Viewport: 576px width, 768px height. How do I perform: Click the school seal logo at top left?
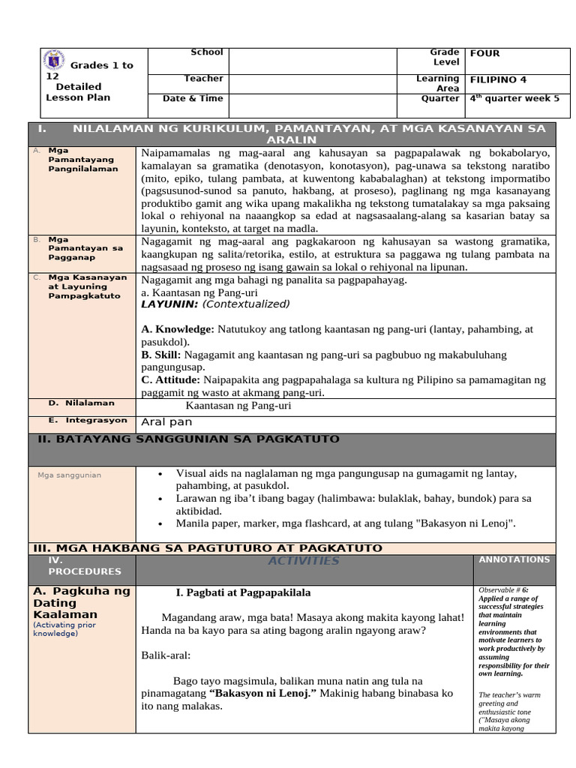(x=55, y=59)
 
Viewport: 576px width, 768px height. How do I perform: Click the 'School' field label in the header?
(x=206, y=52)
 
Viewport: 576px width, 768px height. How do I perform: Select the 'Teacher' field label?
(x=203, y=79)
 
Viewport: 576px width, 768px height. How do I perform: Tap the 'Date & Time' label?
(x=193, y=98)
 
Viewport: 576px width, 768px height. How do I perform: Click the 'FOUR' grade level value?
(x=484, y=53)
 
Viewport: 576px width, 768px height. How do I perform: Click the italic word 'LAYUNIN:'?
(x=169, y=304)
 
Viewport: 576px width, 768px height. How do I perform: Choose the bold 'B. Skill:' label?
(x=161, y=355)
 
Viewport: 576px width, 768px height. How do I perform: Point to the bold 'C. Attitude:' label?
(x=172, y=380)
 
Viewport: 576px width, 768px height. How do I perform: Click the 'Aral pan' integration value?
(x=166, y=422)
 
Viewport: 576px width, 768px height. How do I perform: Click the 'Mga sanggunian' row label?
(x=69, y=475)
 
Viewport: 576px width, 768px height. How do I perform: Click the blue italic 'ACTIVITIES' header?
(x=303, y=561)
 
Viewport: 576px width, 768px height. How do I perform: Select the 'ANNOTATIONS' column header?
(x=514, y=559)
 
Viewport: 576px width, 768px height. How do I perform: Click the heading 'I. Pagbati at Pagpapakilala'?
(x=243, y=592)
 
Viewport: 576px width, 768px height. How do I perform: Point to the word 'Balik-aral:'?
(x=166, y=655)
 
